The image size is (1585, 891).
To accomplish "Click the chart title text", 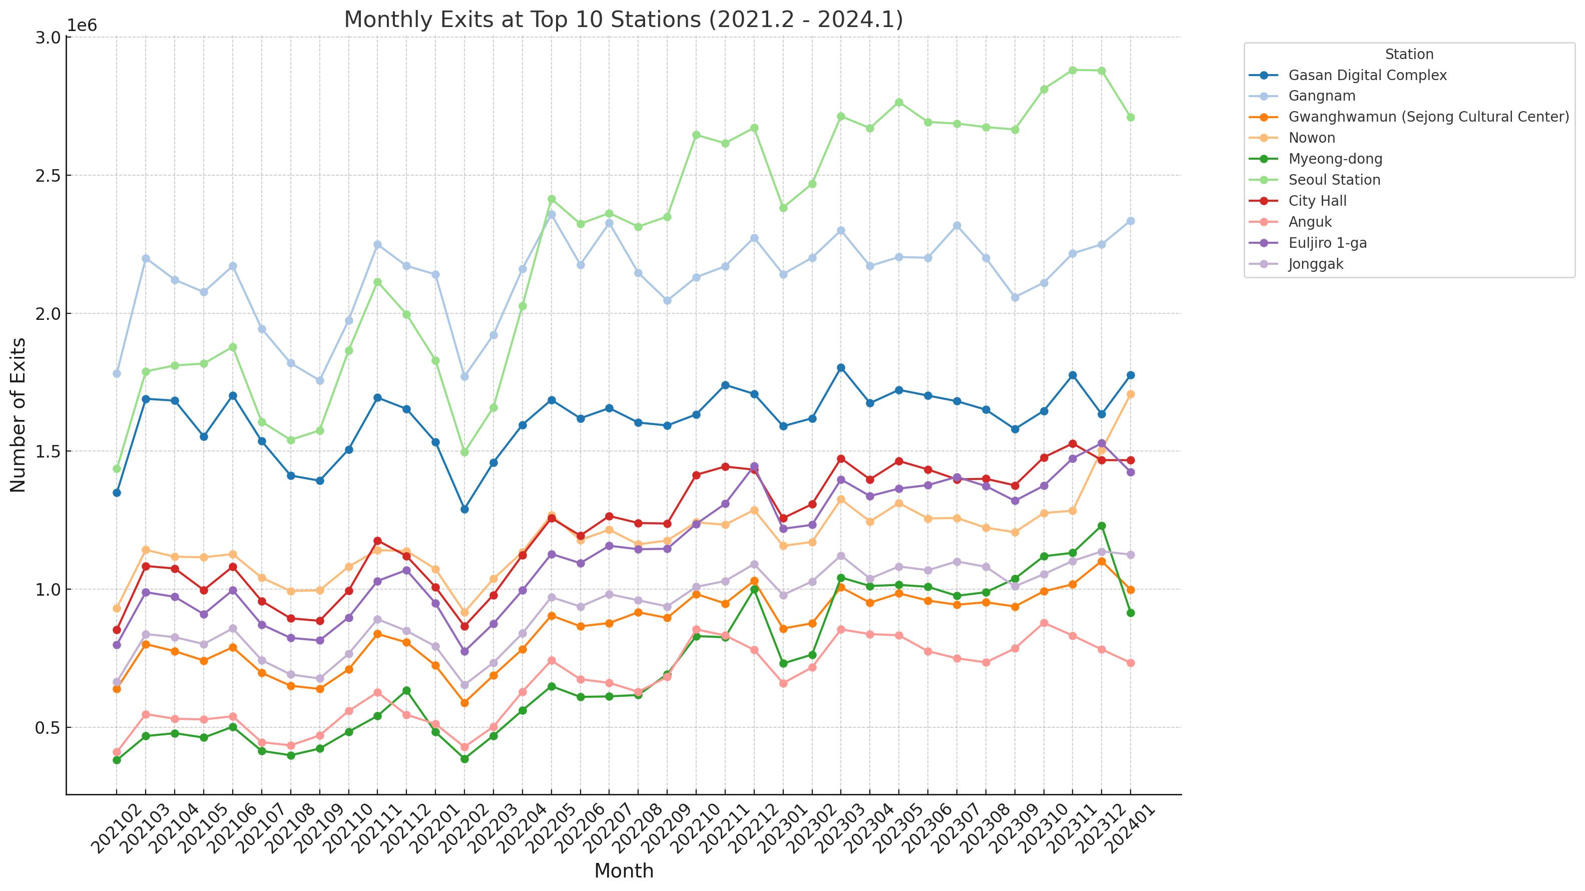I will pyautogui.click(x=623, y=20).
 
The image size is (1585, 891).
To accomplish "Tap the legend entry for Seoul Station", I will pyautogui.click(x=1334, y=180).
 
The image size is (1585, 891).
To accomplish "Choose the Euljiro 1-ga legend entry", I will pyautogui.click(x=1327, y=243).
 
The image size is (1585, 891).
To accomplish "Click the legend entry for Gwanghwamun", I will pyautogui.click(x=1428, y=117).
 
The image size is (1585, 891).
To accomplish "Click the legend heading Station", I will pyautogui.click(x=1409, y=54).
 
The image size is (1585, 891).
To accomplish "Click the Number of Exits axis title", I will pyautogui.click(x=19, y=415).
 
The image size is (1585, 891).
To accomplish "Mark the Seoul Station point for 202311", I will pyautogui.click(x=1073, y=70).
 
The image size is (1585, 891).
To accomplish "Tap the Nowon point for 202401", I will pyautogui.click(x=1130, y=394).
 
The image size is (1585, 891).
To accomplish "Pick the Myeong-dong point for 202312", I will pyautogui.click(x=1102, y=526).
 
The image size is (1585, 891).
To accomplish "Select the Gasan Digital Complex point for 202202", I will pyautogui.click(x=464, y=510).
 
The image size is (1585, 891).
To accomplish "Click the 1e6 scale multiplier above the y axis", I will pyautogui.click(x=82, y=26).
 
